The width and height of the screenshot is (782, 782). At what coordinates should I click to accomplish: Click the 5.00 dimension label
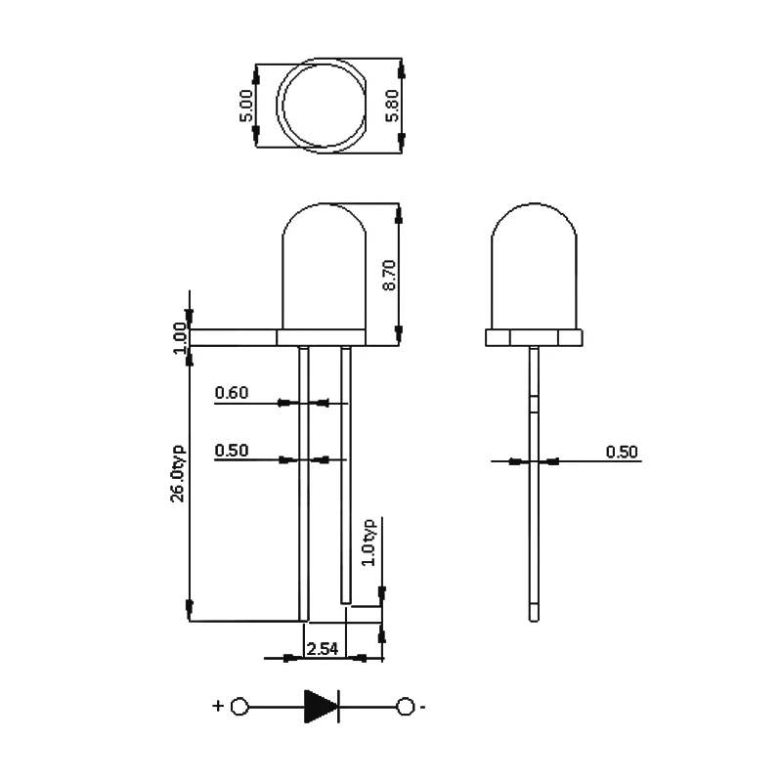click(x=247, y=105)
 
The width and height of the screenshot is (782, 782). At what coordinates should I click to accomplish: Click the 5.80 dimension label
click(x=391, y=106)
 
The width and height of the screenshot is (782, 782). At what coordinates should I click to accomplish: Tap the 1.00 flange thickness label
click(x=178, y=337)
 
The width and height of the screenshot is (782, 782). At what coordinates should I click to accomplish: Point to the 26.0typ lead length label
click(x=178, y=473)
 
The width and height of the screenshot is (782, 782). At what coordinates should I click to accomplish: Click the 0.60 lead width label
click(x=232, y=393)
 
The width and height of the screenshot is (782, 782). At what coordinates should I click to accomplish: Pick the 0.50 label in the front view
click(x=232, y=451)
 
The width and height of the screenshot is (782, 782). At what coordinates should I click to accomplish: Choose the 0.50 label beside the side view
click(x=622, y=451)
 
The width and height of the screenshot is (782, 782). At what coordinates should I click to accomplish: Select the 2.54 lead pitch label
click(x=322, y=648)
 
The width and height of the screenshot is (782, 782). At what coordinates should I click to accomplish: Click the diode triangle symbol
click(x=320, y=705)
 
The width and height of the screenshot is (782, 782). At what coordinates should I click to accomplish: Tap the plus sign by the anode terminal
click(x=217, y=705)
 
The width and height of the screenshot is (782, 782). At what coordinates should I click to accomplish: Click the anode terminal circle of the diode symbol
click(x=239, y=705)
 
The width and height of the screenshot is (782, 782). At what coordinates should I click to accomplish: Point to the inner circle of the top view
click(x=322, y=106)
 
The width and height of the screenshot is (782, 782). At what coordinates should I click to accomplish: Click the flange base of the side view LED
click(x=534, y=337)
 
